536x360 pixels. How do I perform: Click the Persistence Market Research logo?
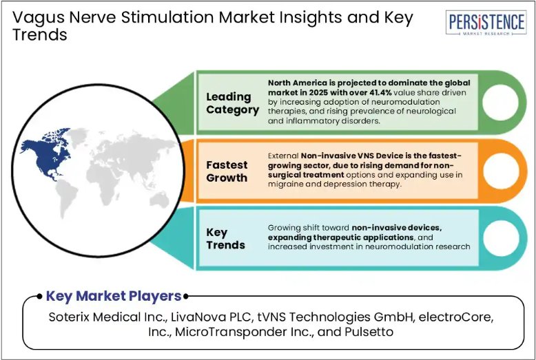pyautogui.click(x=486, y=23)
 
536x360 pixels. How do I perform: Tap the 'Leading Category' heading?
pyautogui.click(x=232, y=103)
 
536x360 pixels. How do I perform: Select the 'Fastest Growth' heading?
pyautogui.click(x=227, y=171)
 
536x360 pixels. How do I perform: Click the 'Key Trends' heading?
pyautogui.click(x=225, y=239)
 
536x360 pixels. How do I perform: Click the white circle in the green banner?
pyautogui.click(x=500, y=103)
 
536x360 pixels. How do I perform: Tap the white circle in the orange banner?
pyautogui.click(x=501, y=171)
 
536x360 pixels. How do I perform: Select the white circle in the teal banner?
pyautogui.click(x=501, y=238)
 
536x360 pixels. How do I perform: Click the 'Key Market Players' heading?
pyautogui.click(x=114, y=296)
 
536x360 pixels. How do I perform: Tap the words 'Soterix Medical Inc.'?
pyautogui.click(x=107, y=317)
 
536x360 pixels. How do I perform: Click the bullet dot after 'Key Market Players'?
pyautogui.click(x=185, y=297)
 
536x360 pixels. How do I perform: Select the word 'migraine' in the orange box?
pyautogui.click(x=283, y=184)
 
